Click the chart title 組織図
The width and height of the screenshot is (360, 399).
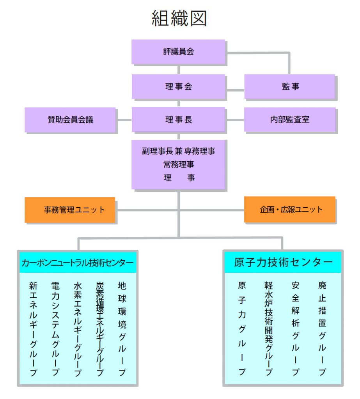pos(179,18)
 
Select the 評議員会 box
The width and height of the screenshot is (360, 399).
pos(178,52)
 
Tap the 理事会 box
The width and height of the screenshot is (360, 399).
pos(178,87)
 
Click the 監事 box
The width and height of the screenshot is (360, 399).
pos(290,87)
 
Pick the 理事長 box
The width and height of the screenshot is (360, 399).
pos(178,119)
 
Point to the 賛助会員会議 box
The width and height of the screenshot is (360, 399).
pos(70,120)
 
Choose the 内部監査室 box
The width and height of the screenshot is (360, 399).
pos(290,119)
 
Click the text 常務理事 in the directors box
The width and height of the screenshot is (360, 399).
pos(179,165)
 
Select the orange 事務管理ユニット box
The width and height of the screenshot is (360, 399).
pos(70,210)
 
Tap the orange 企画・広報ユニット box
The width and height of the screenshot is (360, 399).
pos(290,209)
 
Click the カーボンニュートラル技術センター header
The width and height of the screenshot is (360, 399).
pos(78,263)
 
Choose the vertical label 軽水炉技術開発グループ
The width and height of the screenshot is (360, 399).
pos(269,328)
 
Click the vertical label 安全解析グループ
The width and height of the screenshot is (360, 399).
pos(296,328)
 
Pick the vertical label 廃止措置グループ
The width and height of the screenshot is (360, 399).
pos(322,328)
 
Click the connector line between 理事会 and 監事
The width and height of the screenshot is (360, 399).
pos(235,90)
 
